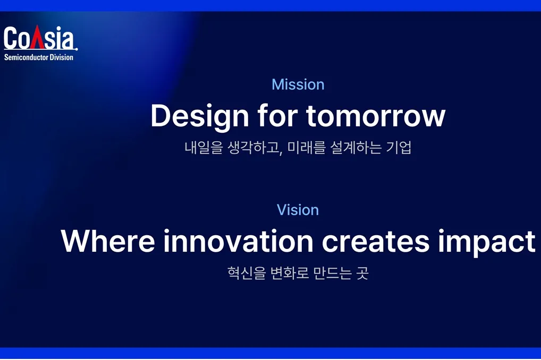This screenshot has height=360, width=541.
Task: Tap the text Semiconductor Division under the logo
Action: coord(39,57)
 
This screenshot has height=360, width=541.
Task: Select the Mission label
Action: coord(298,84)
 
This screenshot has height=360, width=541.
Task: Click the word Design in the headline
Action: coord(200,117)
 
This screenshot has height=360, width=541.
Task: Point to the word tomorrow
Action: coord(376,116)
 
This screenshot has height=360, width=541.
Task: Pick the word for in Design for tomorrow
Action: coord(277,116)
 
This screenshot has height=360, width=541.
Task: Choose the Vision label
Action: coord(298,210)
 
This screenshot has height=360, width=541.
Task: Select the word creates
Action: coord(376,242)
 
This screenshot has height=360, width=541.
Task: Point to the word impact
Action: coord(487,243)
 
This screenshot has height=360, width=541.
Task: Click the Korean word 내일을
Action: coord(204,148)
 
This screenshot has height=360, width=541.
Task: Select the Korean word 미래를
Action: coord(307,148)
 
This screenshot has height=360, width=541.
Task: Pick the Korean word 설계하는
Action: coord(356,148)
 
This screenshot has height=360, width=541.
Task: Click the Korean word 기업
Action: coord(399,148)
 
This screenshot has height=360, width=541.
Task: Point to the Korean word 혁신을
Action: coord(247,273)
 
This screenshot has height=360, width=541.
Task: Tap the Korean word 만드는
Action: coord(333,273)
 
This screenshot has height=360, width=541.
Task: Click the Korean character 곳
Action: coord(362,273)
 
